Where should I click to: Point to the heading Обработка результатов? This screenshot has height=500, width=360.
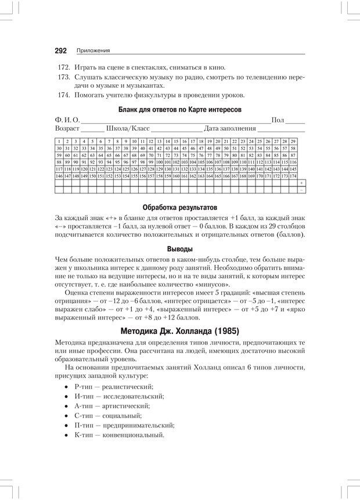[x=179, y=207]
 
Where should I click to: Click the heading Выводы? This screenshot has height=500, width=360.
[x=179, y=249]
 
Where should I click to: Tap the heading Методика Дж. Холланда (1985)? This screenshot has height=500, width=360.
[x=179, y=332]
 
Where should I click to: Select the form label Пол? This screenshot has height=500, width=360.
[x=278, y=120]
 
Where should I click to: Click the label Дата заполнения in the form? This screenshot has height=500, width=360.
[x=230, y=128]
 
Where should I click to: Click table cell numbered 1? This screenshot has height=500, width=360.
[x=59, y=141]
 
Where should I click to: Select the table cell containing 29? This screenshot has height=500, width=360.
[x=293, y=141]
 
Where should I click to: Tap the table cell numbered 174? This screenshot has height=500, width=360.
[x=293, y=175]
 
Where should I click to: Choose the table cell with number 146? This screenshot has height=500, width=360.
[x=59, y=175]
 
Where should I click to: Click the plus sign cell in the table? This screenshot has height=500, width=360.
[x=301, y=183]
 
